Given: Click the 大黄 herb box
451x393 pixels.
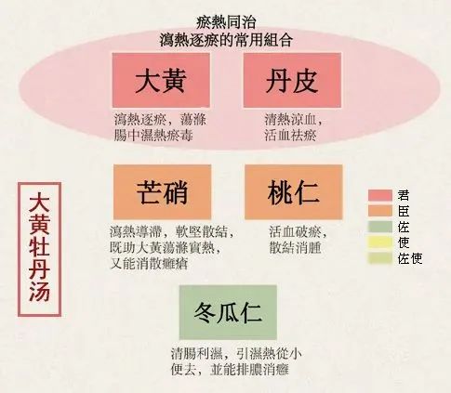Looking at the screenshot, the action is [161, 80].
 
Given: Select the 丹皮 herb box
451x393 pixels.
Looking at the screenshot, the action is [292, 80].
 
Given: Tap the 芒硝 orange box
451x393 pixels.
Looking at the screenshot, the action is [163, 192].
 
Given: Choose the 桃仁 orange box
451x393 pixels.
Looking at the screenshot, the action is [294, 192].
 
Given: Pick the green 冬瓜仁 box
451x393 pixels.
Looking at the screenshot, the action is [228, 312].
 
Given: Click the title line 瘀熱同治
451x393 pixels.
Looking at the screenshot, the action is [226, 22].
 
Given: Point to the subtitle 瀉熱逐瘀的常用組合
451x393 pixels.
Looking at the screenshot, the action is [226, 40].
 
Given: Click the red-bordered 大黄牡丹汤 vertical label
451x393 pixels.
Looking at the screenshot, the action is [39, 249].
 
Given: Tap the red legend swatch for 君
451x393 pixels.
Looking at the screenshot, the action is [380, 195].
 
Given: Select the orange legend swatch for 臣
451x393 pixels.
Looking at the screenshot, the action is [380, 211].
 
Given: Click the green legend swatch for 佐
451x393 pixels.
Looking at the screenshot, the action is [380, 227].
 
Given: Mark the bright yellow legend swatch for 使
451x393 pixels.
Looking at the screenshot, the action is [380, 242].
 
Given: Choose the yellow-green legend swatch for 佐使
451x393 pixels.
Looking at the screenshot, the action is [380, 258].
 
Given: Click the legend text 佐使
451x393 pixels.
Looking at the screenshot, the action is [410, 258].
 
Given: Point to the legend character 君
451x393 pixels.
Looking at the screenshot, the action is [404, 195].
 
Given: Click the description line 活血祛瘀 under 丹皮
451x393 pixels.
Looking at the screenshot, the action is [290, 136].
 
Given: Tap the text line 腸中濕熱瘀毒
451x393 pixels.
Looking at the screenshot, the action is [153, 136].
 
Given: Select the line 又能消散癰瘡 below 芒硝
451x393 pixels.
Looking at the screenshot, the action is [149, 264].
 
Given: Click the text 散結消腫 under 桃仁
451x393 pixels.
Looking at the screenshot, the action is [295, 248].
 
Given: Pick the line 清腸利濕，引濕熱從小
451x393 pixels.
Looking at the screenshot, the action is [236, 354].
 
